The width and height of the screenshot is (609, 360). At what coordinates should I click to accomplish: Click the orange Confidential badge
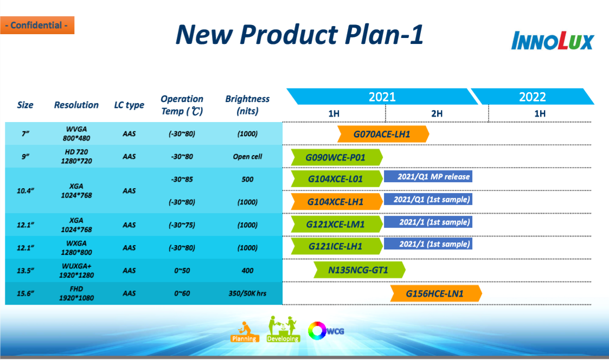[x=37, y=25]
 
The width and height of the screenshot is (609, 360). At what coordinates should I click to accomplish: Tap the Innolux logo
[x=552, y=41]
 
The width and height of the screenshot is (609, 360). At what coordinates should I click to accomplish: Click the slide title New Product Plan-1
[x=299, y=35]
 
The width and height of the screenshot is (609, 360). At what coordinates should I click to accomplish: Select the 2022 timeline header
[x=533, y=97]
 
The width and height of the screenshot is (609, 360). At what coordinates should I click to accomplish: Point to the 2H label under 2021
[x=437, y=113]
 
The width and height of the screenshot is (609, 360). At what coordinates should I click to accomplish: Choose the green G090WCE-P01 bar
[x=337, y=157]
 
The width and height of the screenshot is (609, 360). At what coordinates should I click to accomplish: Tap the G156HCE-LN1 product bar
[x=436, y=293]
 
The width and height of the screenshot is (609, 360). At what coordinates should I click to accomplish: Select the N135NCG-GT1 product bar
[x=359, y=270]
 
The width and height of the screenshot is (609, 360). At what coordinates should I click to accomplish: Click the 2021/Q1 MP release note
[x=428, y=177]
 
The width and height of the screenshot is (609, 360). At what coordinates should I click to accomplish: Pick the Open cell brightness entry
[x=247, y=157]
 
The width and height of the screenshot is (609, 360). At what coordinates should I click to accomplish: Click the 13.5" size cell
[x=25, y=271]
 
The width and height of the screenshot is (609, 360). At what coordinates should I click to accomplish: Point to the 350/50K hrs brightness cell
[x=247, y=293]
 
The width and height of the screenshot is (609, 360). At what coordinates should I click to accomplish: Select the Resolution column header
[x=76, y=105]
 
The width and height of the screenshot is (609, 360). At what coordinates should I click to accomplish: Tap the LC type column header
[x=129, y=105]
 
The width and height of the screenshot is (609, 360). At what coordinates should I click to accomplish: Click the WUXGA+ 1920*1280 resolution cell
[x=76, y=271]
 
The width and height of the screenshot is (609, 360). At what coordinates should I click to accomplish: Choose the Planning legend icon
[x=244, y=332]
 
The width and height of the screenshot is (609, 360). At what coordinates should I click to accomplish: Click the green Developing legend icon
[x=283, y=329]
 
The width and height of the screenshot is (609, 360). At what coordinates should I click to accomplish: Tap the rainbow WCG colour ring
[x=317, y=331]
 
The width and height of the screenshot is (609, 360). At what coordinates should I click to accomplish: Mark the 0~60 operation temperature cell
[x=182, y=293]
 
